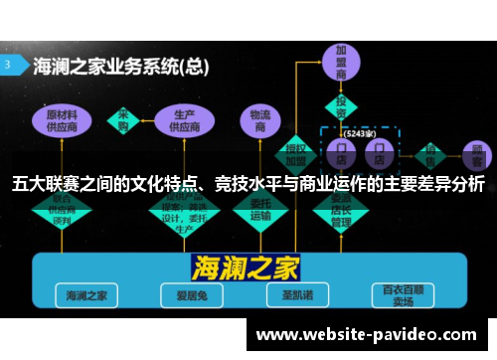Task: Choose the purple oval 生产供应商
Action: point(183,120)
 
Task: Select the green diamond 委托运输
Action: point(260,209)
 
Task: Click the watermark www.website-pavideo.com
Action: point(367,335)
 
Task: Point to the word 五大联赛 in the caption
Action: point(44,183)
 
